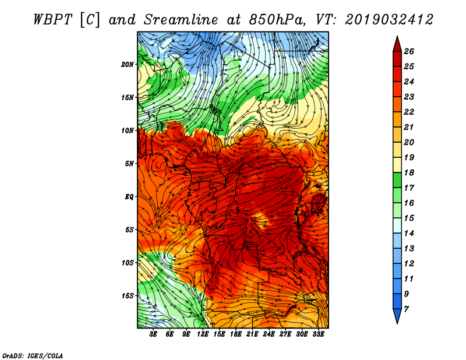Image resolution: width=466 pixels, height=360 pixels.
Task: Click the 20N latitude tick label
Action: (x=127, y=65)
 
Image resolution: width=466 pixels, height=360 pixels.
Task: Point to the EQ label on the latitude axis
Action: (x=129, y=197)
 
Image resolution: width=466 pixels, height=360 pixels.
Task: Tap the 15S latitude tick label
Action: (x=127, y=296)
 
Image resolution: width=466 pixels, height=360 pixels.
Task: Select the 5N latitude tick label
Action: (x=129, y=164)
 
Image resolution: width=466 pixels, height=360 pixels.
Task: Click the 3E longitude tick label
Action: (x=153, y=334)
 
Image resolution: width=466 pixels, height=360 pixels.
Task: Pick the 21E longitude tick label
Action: (x=252, y=334)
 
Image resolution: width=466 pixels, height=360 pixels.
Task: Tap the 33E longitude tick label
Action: (x=318, y=334)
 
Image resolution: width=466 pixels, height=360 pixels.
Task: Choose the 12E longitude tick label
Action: (x=203, y=334)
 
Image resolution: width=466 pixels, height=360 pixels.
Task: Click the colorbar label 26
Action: (x=409, y=51)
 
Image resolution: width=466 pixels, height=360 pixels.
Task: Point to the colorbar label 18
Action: (x=409, y=172)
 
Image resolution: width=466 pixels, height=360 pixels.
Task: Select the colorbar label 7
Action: (x=406, y=309)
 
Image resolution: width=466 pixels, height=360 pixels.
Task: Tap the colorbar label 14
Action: (x=409, y=234)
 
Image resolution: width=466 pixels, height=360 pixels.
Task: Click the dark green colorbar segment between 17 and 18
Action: (x=397, y=180)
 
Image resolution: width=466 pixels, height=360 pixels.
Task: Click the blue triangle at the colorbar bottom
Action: (x=397, y=316)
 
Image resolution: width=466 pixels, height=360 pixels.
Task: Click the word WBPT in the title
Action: (x=53, y=20)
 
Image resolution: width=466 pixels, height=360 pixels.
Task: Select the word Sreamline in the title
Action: (x=181, y=20)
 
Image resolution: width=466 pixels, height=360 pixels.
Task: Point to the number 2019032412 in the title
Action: (x=389, y=20)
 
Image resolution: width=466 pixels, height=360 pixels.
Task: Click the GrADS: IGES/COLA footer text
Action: (x=33, y=356)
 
